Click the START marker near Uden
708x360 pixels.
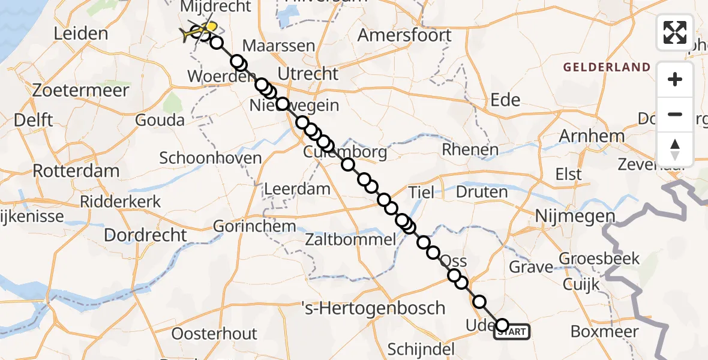pyautogui.click(x=512, y=332)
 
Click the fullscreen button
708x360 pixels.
pyautogui.click(x=675, y=32)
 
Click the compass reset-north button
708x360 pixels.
pyautogui.click(x=675, y=149)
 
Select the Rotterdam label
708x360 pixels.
pyautogui.click(x=76, y=170)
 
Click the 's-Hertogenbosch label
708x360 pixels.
pyautogui.click(x=380, y=308)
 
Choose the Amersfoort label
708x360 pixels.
pyautogui.click(x=404, y=35)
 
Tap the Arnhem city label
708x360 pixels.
pyautogui.click(x=592, y=136)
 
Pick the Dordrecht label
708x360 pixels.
pyautogui.click(x=146, y=235)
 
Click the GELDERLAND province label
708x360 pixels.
pyautogui.click(x=607, y=67)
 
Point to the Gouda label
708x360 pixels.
pyautogui.click(x=160, y=120)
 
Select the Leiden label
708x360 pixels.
pyautogui.click(x=80, y=34)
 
